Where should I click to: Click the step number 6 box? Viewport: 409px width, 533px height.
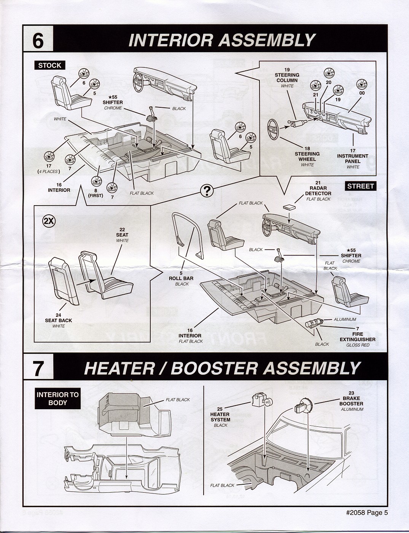tap(38, 40)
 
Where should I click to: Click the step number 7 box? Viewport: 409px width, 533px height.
tap(38, 368)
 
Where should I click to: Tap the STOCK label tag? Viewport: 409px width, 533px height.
tap(50, 65)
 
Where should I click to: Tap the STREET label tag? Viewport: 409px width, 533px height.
tap(360, 186)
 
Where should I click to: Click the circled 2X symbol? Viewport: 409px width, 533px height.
tap(49, 221)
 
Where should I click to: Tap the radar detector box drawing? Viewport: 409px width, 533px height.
tap(290, 207)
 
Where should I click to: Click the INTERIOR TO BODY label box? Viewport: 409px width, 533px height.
tap(57, 399)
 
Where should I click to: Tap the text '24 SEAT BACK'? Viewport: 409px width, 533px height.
tap(59, 318)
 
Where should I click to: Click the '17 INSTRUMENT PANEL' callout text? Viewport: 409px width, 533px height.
tap(353, 156)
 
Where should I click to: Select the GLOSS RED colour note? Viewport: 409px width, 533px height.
tap(358, 345)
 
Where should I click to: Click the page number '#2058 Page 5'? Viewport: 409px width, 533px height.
tap(367, 512)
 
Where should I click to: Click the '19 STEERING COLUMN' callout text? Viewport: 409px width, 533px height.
tap(287, 75)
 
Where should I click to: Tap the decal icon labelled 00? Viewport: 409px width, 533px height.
tap(361, 85)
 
